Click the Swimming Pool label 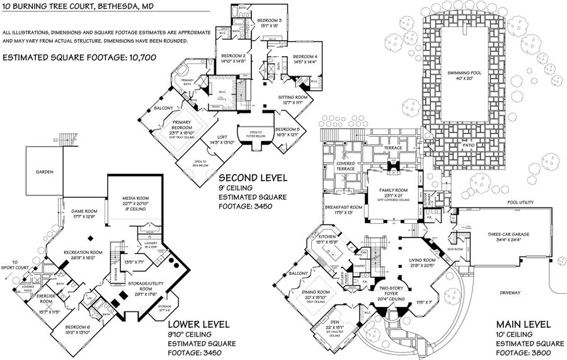tap(464, 73)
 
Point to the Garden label tap(44, 172)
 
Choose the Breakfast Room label tap(344, 207)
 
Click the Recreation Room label tap(84, 252)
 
